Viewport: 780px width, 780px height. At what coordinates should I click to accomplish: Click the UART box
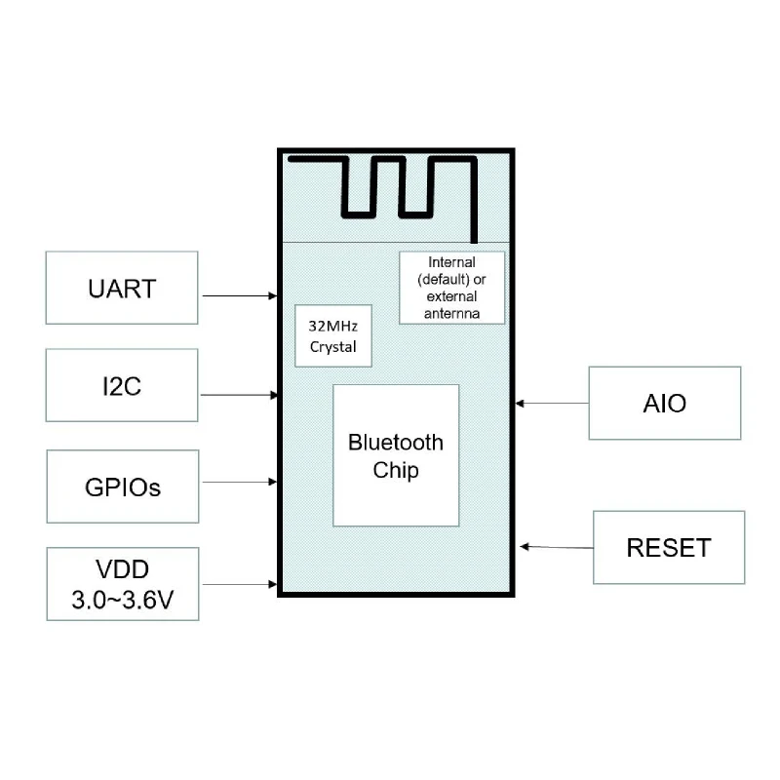coord(122,289)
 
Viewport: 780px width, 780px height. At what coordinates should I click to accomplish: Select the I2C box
coord(122,386)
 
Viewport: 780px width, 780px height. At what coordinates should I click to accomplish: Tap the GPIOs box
coord(123,486)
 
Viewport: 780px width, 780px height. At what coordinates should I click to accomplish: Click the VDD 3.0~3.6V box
coord(123,584)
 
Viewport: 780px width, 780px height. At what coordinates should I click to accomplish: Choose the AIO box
coord(665,403)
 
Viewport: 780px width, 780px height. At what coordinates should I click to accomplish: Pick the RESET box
coord(669,547)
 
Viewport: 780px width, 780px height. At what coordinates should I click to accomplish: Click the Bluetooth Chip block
coord(396,455)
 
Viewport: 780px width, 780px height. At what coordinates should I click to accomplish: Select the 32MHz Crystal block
coord(333,336)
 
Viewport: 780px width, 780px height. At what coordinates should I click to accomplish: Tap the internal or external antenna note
coord(452,288)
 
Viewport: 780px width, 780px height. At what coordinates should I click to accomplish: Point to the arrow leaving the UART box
coord(239,294)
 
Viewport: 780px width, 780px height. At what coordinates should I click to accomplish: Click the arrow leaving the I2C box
coord(239,394)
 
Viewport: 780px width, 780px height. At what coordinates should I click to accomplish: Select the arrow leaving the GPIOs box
coord(239,481)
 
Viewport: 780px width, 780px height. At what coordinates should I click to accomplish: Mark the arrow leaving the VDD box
coord(239,584)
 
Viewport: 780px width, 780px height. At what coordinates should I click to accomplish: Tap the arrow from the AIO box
coord(553,403)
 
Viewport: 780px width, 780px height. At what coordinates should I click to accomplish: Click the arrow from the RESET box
coord(557,547)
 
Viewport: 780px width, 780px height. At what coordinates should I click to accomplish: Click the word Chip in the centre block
coord(396,470)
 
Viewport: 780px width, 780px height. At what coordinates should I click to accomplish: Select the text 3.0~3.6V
coord(123,600)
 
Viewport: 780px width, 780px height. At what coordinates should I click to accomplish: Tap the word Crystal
coord(333,347)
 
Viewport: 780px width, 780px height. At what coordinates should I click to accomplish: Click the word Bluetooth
coord(396,443)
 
